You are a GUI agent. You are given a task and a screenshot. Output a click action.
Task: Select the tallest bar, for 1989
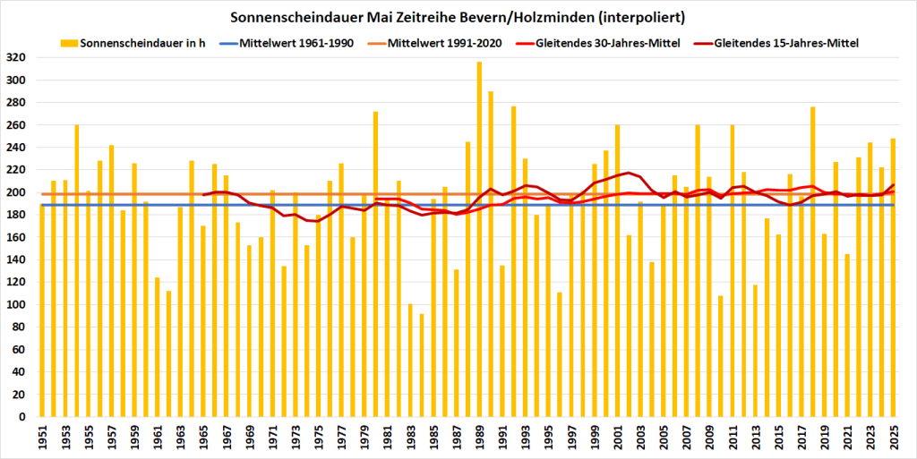click(x=479, y=239)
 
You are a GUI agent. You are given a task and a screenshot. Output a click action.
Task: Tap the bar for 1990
click(x=491, y=253)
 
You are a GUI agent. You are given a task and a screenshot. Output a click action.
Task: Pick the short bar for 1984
click(x=422, y=365)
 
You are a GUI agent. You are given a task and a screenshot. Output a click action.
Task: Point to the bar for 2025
click(x=894, y=277)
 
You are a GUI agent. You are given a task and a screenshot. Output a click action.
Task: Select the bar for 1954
click(x=77, y=270)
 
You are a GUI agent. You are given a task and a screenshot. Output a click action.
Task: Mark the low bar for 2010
click(x=721, y=356)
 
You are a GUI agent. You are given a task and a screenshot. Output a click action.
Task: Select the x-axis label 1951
click(x=42, y=438)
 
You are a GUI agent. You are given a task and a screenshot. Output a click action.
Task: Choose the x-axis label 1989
click(x=479, y=438)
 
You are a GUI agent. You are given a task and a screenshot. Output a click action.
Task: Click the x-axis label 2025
click(x=894, y=438)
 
